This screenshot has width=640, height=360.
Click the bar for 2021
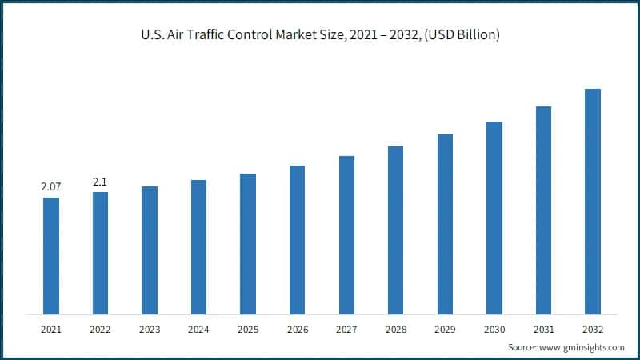click(x=51, y=255)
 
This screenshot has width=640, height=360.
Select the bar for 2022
click(x=100, y=253)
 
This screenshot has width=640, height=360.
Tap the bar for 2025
click(x=248, y=243)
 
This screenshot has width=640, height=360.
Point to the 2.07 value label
click(x=51, y=187)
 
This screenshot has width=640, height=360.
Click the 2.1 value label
click(x=100, y=182)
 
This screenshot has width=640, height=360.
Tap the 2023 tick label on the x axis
click(x=150, y=328)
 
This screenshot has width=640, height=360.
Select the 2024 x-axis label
click(x=198, y=328)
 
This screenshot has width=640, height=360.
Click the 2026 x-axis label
click(x=297, y=328)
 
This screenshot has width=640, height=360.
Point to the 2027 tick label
click(x=346, y=328)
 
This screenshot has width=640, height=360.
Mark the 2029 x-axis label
click(x=445, y=328)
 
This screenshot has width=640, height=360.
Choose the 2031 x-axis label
click(x=543, y=328)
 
